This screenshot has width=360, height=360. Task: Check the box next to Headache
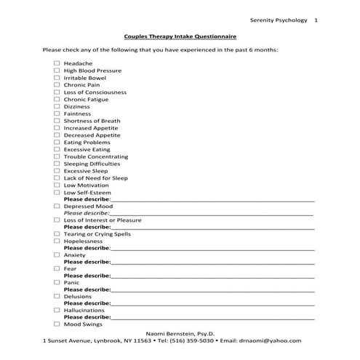coord(56,63)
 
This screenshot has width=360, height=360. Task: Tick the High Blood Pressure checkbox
coord(56,71)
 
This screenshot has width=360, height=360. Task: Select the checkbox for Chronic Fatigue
coord(56,99)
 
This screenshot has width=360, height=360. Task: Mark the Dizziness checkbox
coord(56,106)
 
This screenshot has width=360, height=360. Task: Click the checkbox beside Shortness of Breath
coord(56,121)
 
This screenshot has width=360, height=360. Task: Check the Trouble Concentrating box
coord(56,156)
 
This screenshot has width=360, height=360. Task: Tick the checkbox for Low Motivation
coord(56,185)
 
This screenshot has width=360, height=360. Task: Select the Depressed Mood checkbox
coord(56,206)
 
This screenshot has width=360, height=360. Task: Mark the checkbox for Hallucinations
coord(56,310)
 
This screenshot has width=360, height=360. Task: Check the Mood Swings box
coord(56,324)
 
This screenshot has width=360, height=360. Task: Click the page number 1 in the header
coord(316,20)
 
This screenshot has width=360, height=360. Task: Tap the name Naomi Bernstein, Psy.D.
coord(180,332)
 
